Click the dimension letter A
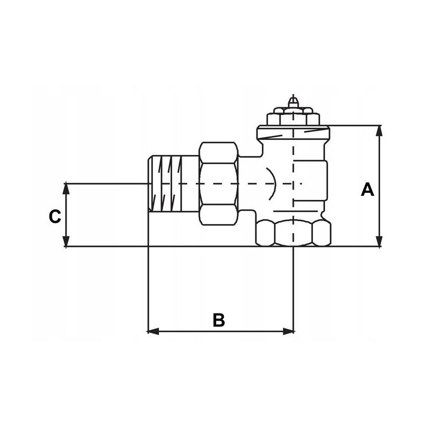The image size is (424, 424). (367, 190)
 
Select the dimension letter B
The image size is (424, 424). (218, 320)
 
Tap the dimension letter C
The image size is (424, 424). (55, 217)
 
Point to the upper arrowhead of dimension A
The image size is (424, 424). (380, 130)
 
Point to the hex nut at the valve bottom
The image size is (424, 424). (293, 233)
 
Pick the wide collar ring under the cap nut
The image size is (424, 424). (293, 134)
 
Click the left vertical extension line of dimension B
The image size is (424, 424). (147, 288)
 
